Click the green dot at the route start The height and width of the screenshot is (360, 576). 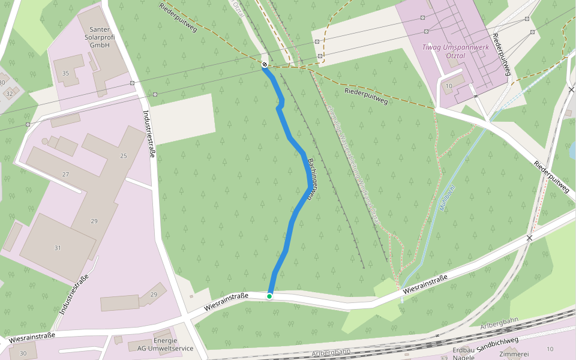coord(269,296)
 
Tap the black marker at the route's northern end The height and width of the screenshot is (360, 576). coord(265,64)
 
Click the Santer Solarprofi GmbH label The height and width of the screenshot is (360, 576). coord(100,37)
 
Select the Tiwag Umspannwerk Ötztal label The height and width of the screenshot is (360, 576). coord(452,50)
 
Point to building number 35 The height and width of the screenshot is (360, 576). coord(65,73)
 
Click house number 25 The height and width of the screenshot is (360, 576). coord(124,156)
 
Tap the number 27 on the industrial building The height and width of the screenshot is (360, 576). coord(65,175)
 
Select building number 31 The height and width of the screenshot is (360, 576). coord(58,248)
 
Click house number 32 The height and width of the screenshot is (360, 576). coord(9,94)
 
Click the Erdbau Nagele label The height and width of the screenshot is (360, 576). coord(464,353)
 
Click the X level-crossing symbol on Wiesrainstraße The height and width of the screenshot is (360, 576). coord(529,238)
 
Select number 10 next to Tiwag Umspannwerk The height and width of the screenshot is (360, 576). coord(449,86)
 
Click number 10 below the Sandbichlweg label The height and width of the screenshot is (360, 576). coord(550,349)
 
